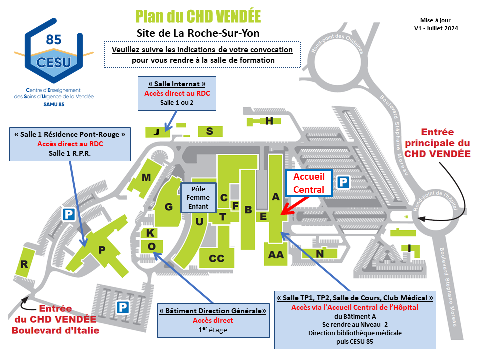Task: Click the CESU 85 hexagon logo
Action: [x=54, y=51]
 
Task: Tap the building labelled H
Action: [x=264, y=121]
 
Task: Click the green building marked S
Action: [x=210, y=131]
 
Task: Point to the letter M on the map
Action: [x=146, y=177]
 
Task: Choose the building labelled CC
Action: [x=217, y=258]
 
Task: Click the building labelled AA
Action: [x=276, y=254]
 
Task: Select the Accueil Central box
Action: [x=309, y=183]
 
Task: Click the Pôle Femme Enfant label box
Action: [x=198, y=198]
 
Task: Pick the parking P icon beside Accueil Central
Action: [x=343, y=182]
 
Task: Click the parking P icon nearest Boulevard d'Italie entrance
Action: [x=123, y=307]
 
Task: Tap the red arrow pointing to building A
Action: [x=295, y=205]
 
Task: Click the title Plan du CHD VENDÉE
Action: [x=198, y=16]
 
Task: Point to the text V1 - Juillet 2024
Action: [x=436, y=28]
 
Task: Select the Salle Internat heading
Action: [x=177, y=84]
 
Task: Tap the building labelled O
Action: [x=152, y=246]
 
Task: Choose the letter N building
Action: [x=320, y=254]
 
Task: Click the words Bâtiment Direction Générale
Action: [x=213, y=311]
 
